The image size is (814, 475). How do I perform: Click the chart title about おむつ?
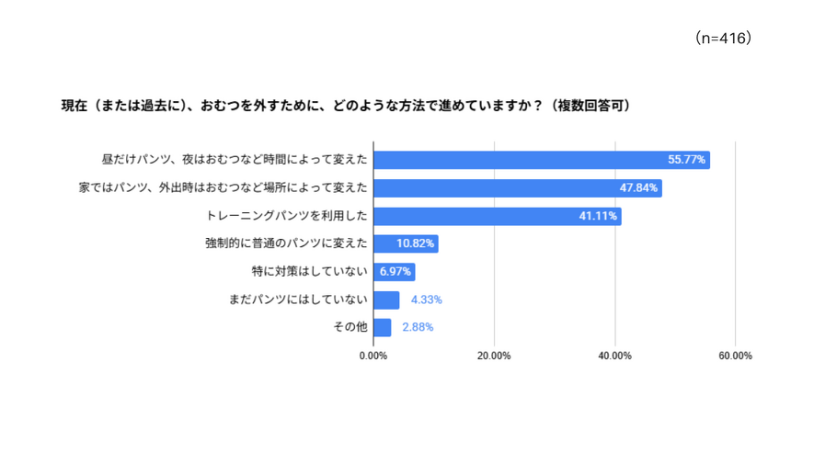(x=345, y=106)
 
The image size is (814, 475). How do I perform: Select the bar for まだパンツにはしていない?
(x=386, y=300)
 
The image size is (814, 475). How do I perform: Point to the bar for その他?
(x=382, y=327)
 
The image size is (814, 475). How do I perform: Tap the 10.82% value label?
(x=416, y=244)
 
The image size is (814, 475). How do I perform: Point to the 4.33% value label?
(x=427, y=300)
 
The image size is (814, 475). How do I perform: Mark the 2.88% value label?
(x=418, y=327)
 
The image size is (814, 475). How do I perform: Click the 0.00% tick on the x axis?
(x=373, y=356)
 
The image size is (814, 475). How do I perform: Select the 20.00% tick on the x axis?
(x=494, y=356)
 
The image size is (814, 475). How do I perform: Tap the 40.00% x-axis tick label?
(x=614, y=356)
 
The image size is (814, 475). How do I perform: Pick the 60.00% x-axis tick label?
(x=735, y=356)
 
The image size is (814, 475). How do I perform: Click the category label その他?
(x=350, y=327)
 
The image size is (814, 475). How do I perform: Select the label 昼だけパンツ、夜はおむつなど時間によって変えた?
(x=235, y=160)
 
